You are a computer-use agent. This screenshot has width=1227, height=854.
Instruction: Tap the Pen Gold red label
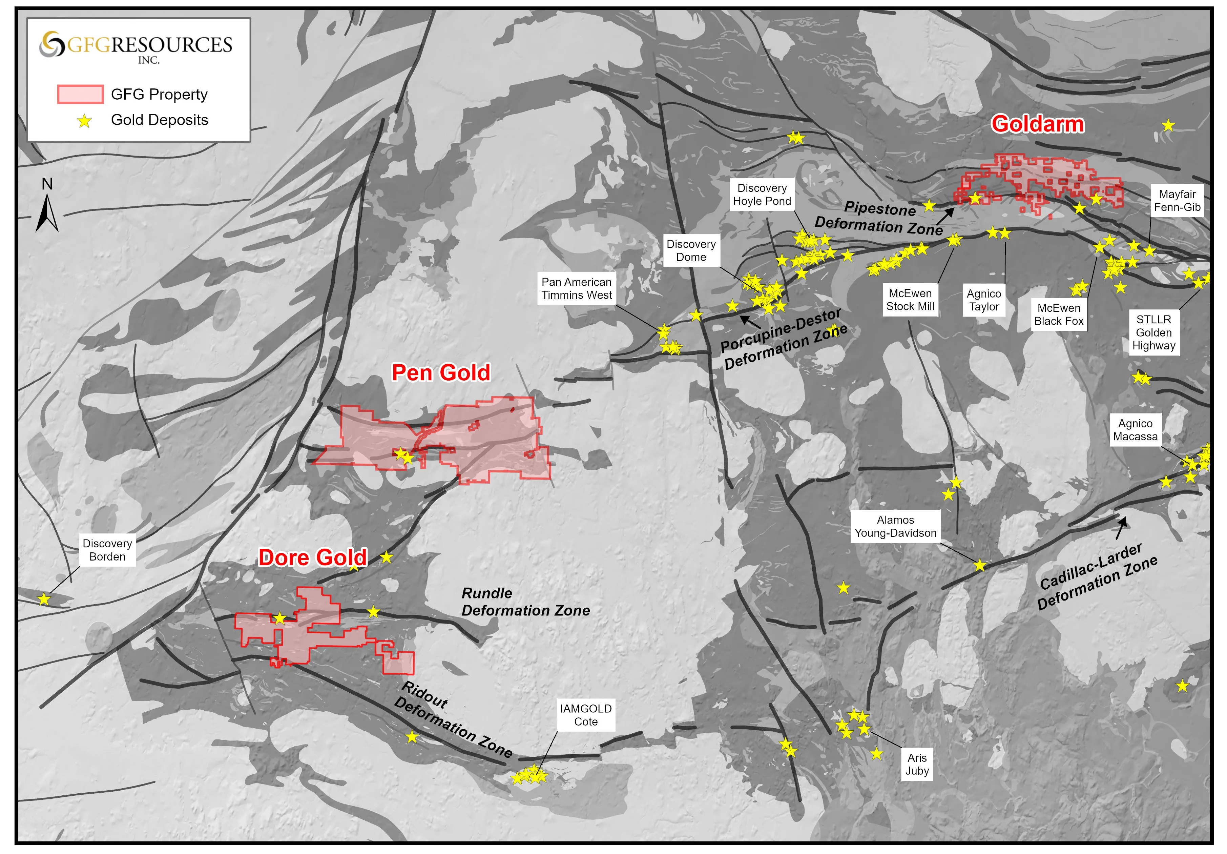(x=441, y=373)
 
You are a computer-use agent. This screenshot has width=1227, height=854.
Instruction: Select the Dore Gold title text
(x=313, y=558)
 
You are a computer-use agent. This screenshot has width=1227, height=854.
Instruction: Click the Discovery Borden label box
(x=107, y=550)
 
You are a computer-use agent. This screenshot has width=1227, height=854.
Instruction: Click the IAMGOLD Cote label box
(x=586, y=715)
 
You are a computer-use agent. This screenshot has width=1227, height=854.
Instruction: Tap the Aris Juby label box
(x=917, y=764)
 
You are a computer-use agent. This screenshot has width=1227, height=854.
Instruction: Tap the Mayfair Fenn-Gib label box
(x=1177, y=201)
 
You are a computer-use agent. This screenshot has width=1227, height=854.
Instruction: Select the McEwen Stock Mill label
(x=910, y=300)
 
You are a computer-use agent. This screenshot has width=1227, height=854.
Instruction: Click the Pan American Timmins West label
(x=576, y=288)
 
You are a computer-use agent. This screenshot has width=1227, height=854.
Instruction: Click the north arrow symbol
(x=47, y=213)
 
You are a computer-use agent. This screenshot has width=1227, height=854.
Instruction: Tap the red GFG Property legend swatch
(x=80, y=94)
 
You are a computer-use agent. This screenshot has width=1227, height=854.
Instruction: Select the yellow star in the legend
(x=84, y=121)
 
